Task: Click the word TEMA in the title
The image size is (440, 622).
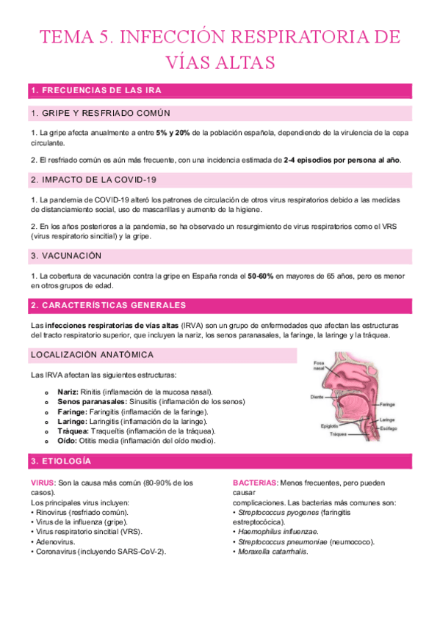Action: tap(62, 37)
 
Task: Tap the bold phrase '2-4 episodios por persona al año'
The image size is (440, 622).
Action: tap(342, 160)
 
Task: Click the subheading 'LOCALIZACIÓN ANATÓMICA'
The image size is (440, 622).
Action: tap(92, 355)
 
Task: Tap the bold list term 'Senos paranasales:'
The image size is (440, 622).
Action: tap(92, 402)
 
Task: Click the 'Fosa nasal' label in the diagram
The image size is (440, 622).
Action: tap(319, 365)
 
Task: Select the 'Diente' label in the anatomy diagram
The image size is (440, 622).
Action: tap(317, 397)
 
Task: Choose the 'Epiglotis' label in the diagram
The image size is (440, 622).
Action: tap(330, 425)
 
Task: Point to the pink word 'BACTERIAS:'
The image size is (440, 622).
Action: tap(255, 483)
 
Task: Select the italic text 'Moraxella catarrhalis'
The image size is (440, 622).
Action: tap(272, 552)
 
